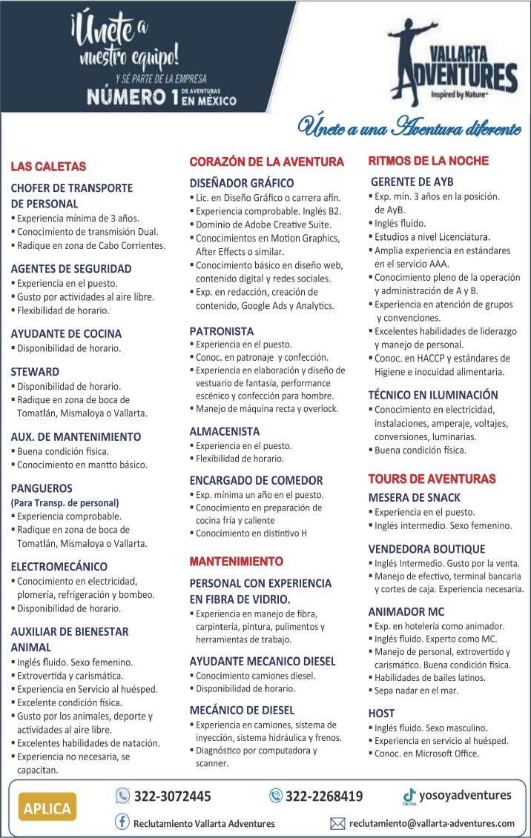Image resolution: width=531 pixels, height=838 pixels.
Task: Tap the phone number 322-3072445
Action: (x=172, y=797)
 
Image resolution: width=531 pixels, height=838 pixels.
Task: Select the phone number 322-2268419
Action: (x=323, y=797)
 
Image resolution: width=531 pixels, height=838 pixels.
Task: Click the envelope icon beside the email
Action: (x=337, y=823)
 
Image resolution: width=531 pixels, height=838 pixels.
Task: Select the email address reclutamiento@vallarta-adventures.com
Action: (x=432, y=823)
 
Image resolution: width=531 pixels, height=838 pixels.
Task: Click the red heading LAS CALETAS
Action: (x=48, y=166)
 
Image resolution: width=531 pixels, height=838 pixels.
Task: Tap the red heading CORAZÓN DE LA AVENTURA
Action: (x=267, y=162)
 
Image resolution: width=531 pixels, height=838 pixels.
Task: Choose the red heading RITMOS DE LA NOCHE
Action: (x=429, y=161)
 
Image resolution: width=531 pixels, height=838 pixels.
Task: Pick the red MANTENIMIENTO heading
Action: (x=236, y=560)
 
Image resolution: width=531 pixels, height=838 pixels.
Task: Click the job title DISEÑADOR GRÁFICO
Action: (x=242, y=182)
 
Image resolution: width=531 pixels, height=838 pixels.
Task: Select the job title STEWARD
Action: (x=35, y=371)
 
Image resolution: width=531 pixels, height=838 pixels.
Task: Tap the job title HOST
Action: (x=381, y=713)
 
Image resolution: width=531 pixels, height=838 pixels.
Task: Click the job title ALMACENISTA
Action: (x=225, y=430)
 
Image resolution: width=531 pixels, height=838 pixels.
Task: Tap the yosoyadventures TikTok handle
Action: (x=465, y=795)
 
